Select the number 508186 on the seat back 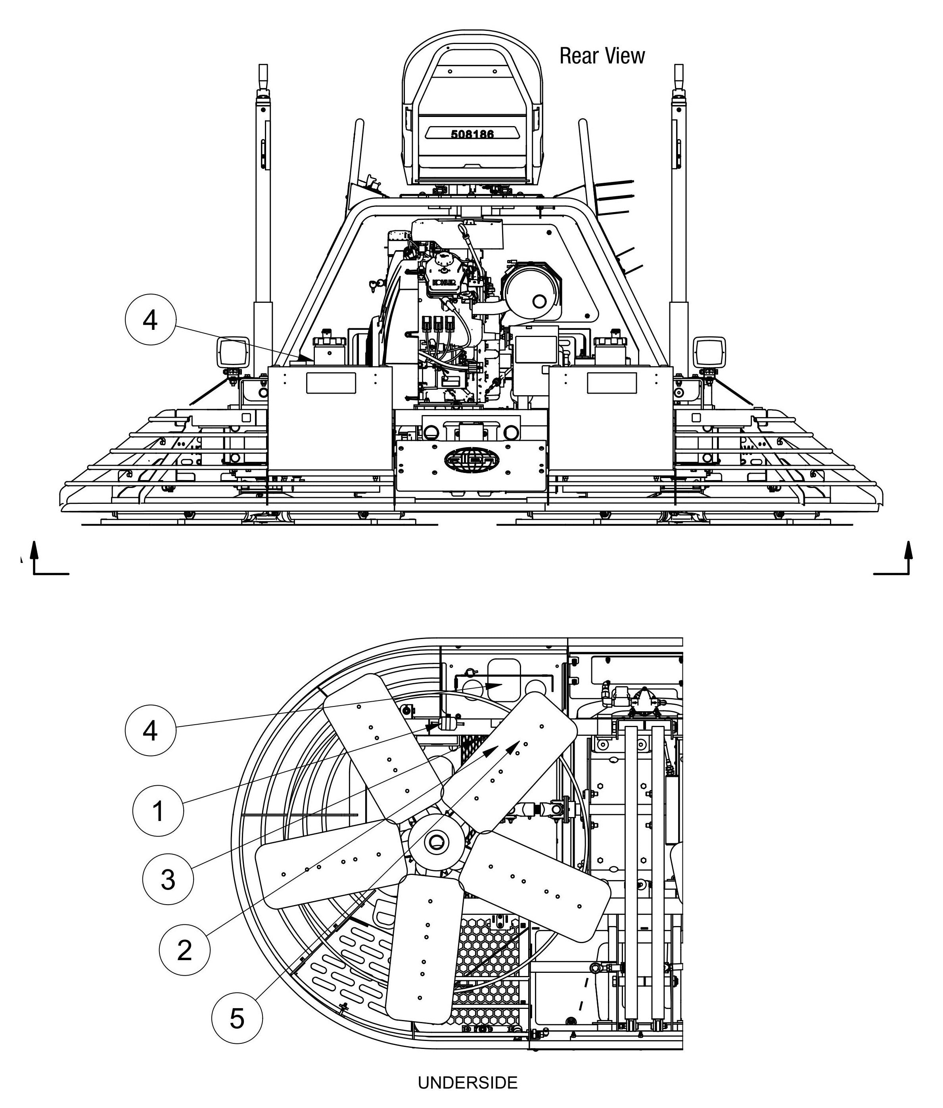[x=472, y=134]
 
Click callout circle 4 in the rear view [x=150, y=321]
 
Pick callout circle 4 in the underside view [x=150, y=730]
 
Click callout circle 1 [x=158, y=811]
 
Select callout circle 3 [x=168, y=879]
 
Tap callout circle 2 [x=184, y=950]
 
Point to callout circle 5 [x=237, y=1019]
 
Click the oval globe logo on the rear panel [x=471, y=459]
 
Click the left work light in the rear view [x=232, y=352]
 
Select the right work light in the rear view [x=709, y=352]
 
